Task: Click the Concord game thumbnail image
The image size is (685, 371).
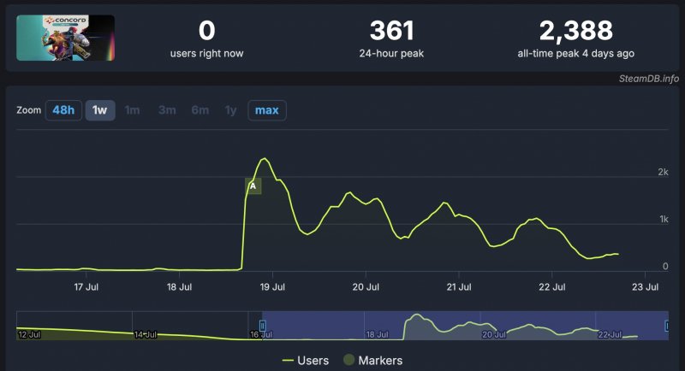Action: [x=65, y=38]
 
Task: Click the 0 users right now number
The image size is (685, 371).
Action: [x=206, y=31]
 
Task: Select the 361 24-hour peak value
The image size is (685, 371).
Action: [x=391, y=31]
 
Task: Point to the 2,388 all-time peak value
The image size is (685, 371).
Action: [x=575, y=31]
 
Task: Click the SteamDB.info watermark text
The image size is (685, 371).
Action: [x=648, y=79]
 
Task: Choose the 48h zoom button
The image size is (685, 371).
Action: [x=63, y=110]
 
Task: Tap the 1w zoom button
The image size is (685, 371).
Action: [x=100, y=110]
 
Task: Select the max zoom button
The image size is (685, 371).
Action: [x=267, y=110]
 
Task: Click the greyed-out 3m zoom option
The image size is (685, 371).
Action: [x=167, y=110]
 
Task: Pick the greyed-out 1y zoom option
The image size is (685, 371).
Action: [x=230, y=110]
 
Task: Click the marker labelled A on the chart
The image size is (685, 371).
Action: [x=253, y=185]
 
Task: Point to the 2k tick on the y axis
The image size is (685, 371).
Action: [x=663, y=173]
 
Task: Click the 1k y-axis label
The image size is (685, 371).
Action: [x=663, y=220]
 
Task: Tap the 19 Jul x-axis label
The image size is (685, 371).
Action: [x=271, y=287]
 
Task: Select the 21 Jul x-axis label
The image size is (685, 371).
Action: [x=459, y=287]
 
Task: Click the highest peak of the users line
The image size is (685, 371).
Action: [x=265, y=159]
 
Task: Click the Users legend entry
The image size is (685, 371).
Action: [x=305, y=360]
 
